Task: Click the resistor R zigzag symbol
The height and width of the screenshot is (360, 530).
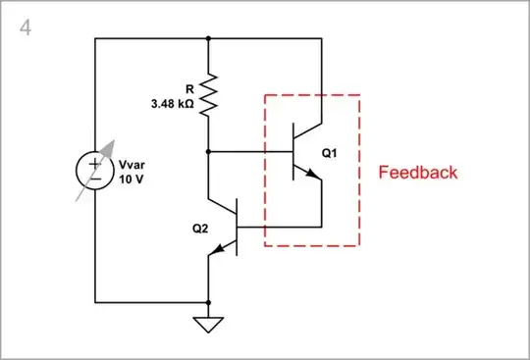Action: [x=208, y=94]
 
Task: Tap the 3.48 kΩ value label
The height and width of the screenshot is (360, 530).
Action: [x=173, y=102]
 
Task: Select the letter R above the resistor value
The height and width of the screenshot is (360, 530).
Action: [x=188, y=87]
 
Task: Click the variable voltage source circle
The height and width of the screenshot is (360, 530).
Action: [x=95, y=170]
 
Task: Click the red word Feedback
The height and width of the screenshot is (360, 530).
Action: [x=418, y=173]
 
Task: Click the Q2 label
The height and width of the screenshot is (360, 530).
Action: [x=201, y=228]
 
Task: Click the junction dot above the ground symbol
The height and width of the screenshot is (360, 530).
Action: [x=208, y=300]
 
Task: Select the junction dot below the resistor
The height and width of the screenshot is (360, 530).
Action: [x=208, y=152]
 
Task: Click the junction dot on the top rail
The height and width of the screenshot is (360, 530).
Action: [x=208, y=39]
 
